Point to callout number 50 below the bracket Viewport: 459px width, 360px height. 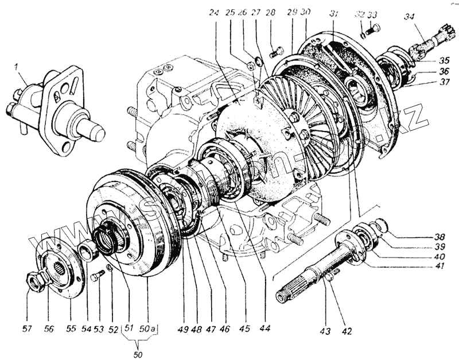click(x=138, y=355)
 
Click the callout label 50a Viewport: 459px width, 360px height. click(x=148, y=328)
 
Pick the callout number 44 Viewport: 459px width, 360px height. click(x=264, y=328)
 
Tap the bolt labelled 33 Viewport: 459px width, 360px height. click(x=376, y=27)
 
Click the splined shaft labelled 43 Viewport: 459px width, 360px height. click(x=310, y=276)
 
